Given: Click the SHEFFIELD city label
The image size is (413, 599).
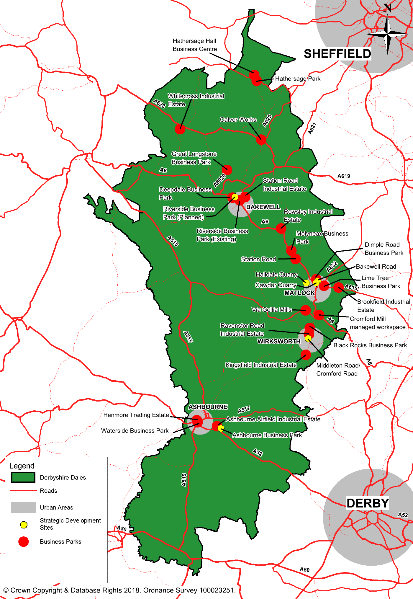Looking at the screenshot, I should click(337, 54).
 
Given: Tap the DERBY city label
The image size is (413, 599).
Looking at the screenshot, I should click(368, 503).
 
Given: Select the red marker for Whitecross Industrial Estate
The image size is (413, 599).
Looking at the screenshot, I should click(180, 129).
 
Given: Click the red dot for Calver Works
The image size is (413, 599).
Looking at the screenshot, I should click(261, 140).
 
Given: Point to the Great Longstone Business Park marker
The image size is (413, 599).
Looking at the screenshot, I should click(227, 170).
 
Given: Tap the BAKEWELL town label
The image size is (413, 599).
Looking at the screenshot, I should click(263, 207).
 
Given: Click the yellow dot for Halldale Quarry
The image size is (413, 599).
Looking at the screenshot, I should click(307, 283).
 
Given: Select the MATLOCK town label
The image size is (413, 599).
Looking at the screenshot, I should click(299, 293).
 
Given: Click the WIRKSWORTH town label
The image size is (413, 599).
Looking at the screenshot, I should click(279, 342).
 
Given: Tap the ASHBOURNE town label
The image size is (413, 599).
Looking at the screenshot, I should click(208, 407).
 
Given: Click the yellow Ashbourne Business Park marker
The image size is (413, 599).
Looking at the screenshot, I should click(221, 428).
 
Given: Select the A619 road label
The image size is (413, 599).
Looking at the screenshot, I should click(344, 176).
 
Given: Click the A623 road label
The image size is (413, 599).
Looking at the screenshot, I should click(159, 104).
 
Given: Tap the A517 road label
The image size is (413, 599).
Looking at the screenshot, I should click(244, 410).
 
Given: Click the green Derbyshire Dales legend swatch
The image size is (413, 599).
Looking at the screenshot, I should click(23, 477).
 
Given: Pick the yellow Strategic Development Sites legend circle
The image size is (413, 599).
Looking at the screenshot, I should click(24, 525).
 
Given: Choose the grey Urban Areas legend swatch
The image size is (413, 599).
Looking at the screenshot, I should click(23, 507).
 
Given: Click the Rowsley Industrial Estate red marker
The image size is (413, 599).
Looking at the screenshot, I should click(281, 228).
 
